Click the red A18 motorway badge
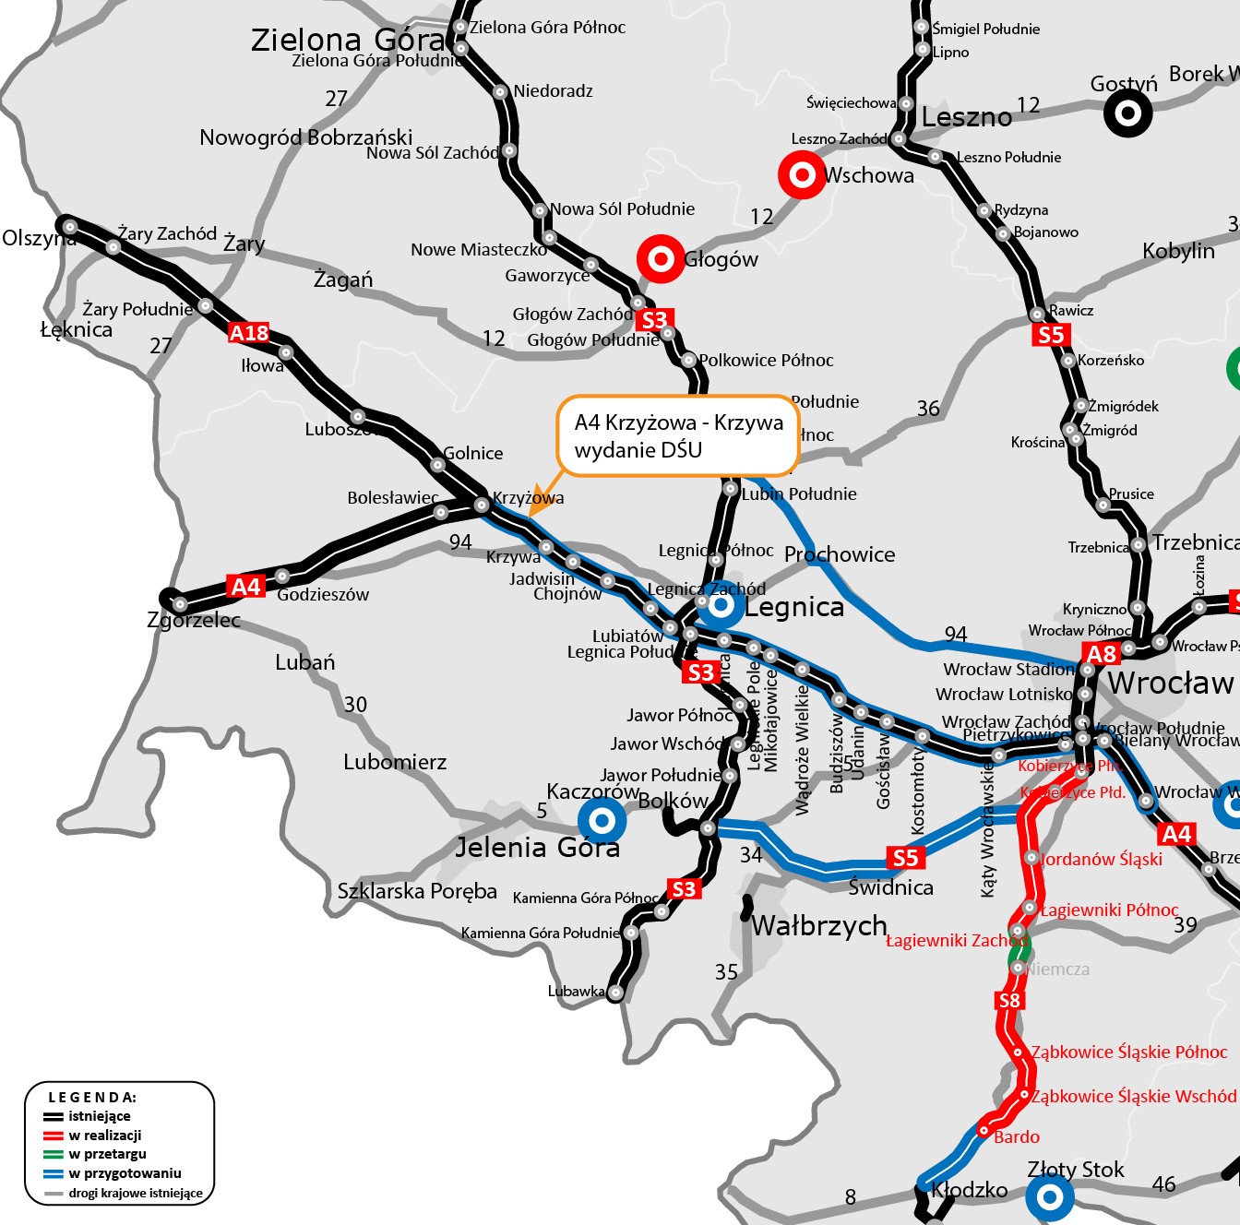249,333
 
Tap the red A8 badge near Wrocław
1102,654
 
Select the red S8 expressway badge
1009,1001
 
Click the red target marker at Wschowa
802,174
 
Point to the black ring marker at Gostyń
1127,113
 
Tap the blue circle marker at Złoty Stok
1050,1197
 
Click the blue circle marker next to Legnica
721,605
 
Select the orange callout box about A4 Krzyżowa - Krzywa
677,436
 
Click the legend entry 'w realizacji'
104,1136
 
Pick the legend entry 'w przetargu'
107,1154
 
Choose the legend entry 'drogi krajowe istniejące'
135,1193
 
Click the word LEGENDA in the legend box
92,1097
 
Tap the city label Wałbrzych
819,925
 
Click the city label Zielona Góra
347,40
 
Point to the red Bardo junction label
1016,1136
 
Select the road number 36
928,408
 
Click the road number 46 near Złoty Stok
1163,1183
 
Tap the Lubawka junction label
576,992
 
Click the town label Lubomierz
395,762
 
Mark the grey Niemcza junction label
1057,969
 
